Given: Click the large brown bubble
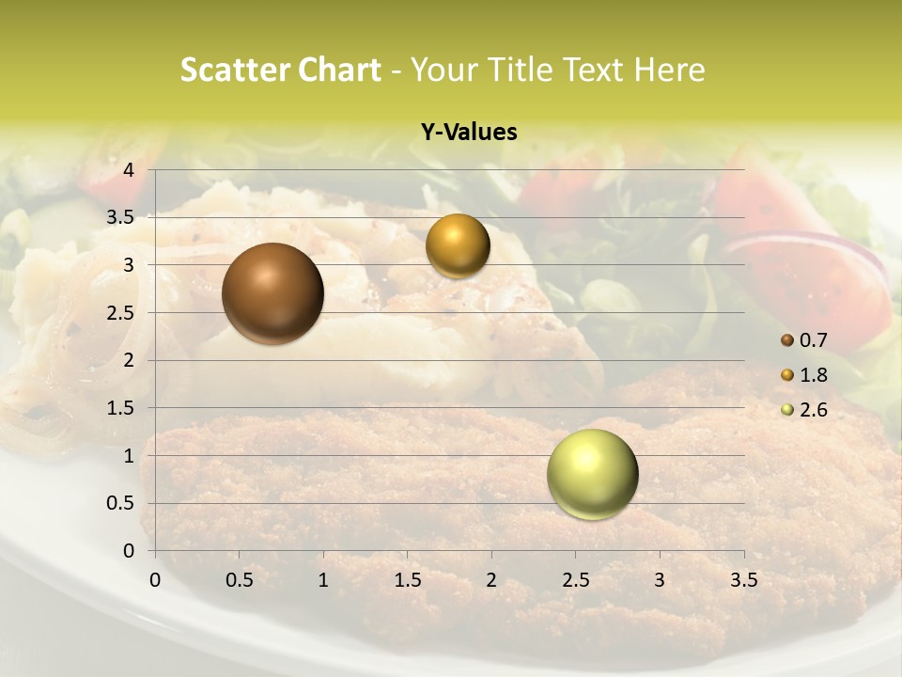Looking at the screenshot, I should (x=272, y=293).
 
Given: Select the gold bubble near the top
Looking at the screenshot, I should (x=458, y=246).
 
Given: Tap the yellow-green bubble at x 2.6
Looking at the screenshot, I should (x=592, y=474).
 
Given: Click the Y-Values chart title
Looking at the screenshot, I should (x=469, y=133).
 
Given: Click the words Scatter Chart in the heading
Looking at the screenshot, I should (x=280, y=70).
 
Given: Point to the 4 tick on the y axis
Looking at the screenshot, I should (x=130, y=170).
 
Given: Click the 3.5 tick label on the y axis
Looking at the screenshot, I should (x=123, y=217).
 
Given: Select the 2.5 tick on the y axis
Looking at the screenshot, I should (x=123, y=312).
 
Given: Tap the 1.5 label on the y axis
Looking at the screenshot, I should (x=123, y=408).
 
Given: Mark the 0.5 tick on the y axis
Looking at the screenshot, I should (x=123, y=503).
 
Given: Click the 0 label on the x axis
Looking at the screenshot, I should (x=156, y=580).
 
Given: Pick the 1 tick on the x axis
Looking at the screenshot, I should (x=323, y=580).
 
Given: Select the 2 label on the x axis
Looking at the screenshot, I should (x=491, y=580).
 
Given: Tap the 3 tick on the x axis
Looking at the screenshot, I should (x=660, y=580).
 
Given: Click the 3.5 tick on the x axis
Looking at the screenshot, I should (x=743, y=580).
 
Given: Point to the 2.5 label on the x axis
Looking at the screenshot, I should (x=575, y=580).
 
